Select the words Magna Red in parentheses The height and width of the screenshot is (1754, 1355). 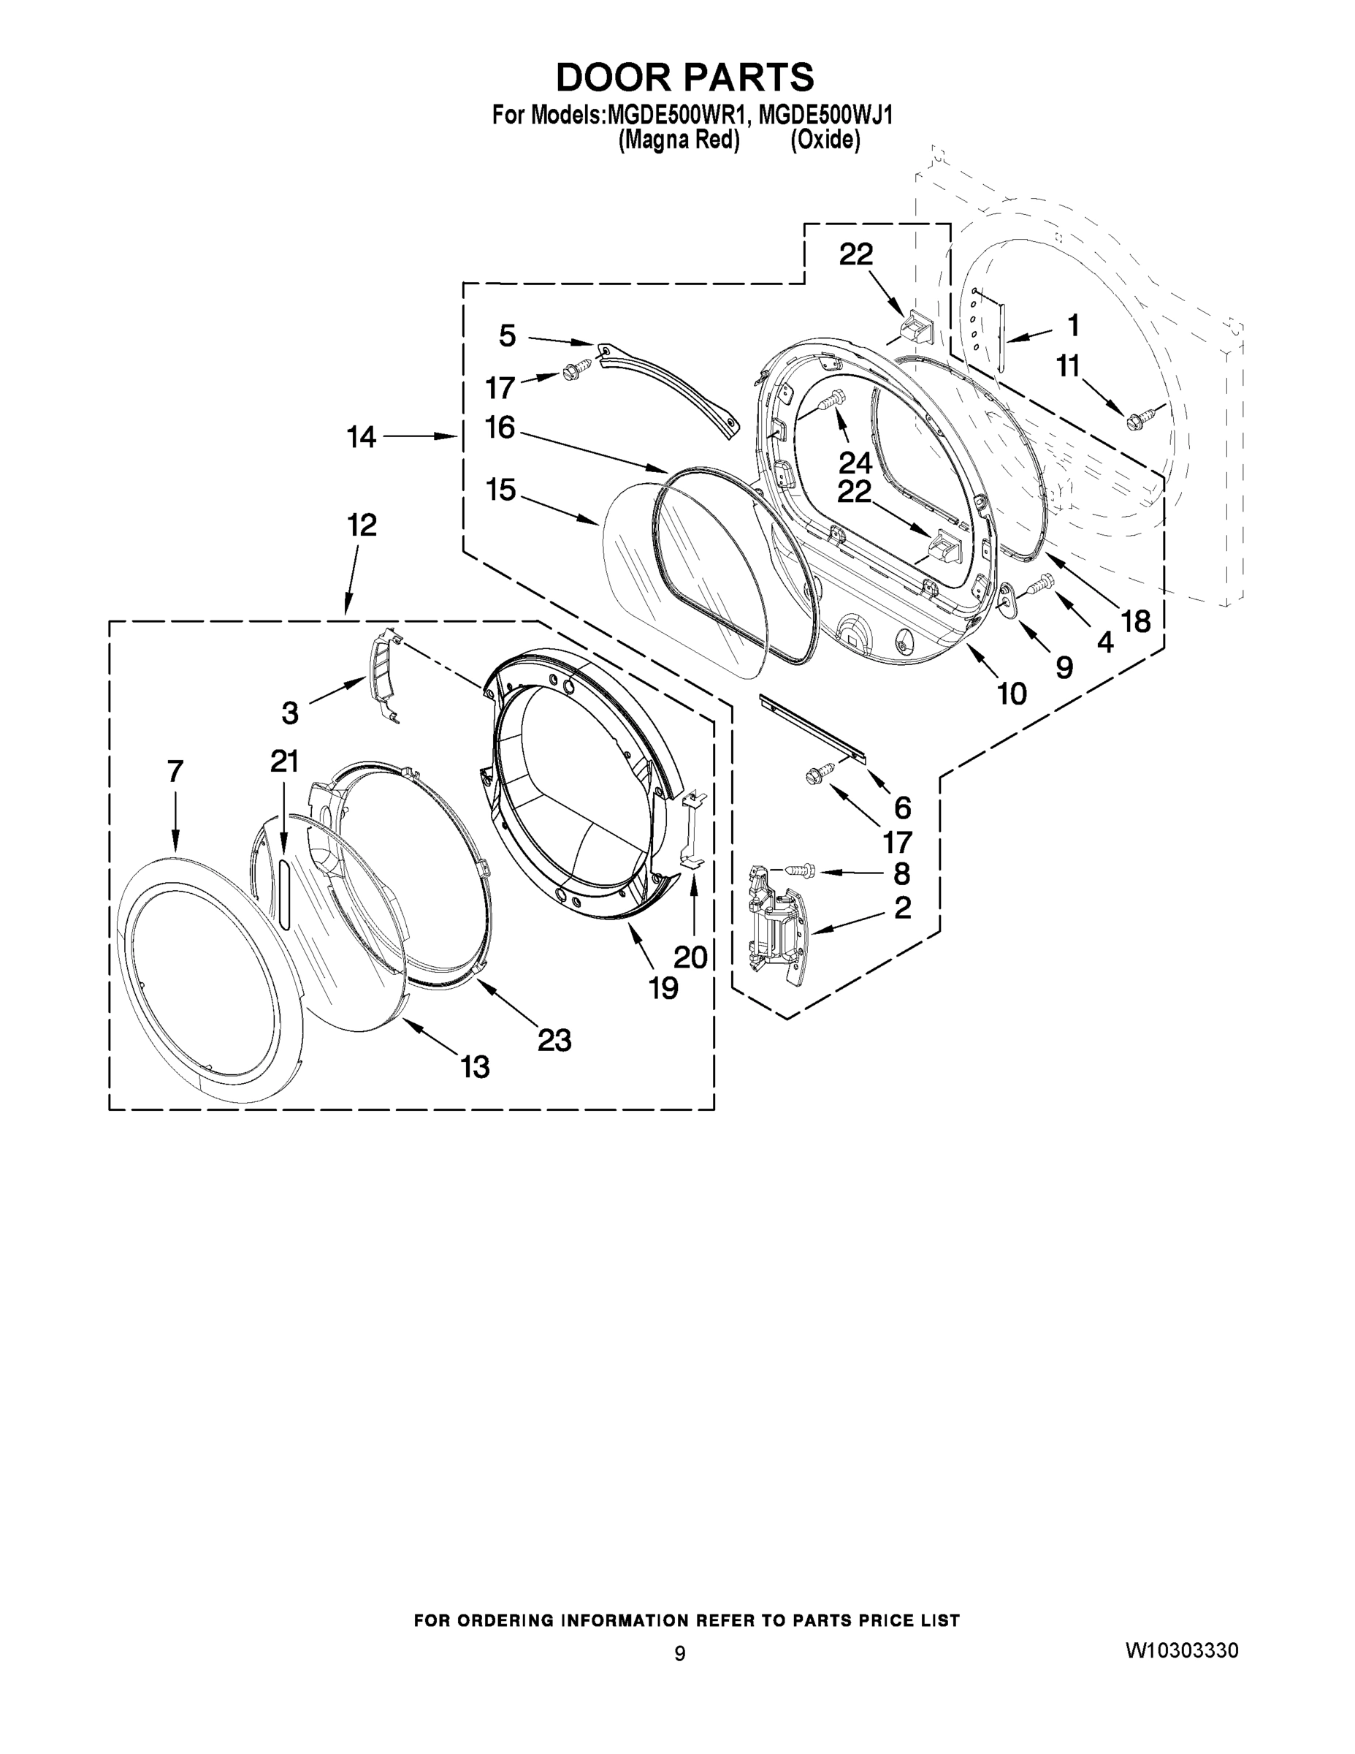point(679,140)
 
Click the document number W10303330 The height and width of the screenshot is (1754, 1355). point(1181,1650)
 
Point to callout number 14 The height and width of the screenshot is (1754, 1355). point(362,438)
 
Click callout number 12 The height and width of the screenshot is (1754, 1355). point(362,525)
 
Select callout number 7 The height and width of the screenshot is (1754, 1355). point(176,772)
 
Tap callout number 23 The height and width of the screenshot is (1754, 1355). point(554,1040)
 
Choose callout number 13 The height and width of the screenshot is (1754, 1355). point(476,1067)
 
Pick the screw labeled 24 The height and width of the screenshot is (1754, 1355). point(831,399)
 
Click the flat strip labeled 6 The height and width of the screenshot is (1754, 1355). point(812,729)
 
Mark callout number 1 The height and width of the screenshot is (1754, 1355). point(1072,326)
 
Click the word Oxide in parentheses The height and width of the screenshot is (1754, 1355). point(825,140)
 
